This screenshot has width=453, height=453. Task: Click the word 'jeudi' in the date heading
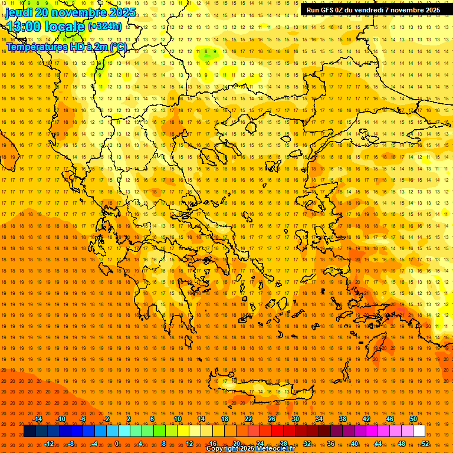coord(19,12)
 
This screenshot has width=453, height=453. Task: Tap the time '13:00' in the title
coord(24,27)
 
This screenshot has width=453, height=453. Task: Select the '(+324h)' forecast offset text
coord(105,26)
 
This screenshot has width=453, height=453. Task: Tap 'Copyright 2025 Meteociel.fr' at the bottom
coord(250,449)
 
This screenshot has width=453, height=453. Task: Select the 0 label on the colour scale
coord(117,444)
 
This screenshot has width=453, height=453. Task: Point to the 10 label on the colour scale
coord(177,419)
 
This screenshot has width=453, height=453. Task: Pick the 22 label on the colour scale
coord(248,419)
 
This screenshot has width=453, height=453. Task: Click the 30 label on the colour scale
coord(296,419)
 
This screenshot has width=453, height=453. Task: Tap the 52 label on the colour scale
coord(425,444)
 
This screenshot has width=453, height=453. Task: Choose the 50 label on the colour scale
coord(413,419)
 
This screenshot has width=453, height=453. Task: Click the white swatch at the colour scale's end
coord(419,431)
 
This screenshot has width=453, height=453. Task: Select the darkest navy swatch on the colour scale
coord(29,431)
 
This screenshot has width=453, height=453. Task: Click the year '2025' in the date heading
coord(122,12)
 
